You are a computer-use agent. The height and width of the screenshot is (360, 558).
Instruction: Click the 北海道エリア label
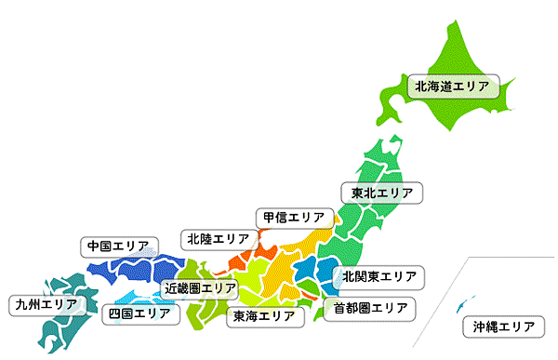point(451,87)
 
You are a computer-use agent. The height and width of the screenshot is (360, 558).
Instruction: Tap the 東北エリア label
point(381,193)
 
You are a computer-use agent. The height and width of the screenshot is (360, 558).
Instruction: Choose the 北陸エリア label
point(217,239)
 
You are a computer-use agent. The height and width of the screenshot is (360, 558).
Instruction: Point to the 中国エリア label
point(117,247)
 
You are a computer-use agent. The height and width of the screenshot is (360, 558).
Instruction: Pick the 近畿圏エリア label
point(201,288)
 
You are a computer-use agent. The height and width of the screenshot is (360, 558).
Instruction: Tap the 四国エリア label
point(139,313)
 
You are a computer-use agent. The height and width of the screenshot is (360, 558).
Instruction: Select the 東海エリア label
point(264,316)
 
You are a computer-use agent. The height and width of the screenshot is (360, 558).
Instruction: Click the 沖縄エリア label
point(503,327)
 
